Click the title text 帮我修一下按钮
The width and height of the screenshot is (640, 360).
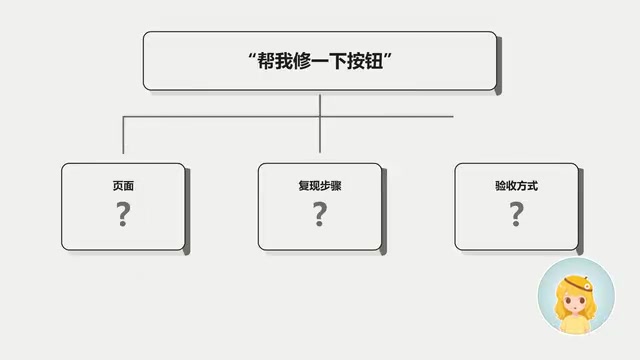(320, 61)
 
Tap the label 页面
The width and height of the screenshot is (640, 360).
(123, 186)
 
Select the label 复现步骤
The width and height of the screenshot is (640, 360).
(320, 186)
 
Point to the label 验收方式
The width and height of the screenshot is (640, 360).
(516, 186)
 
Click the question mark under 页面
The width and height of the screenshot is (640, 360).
(123, 214)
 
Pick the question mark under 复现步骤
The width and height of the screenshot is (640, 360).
(320, 214)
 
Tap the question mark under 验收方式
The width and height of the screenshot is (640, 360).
(516, 214)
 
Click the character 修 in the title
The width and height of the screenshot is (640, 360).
(302, 61)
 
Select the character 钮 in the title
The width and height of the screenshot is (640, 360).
(374, 61)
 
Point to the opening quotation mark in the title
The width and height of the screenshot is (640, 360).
(252, 56)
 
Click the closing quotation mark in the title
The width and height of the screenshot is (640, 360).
(388, 56)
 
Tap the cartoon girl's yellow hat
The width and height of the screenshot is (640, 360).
(578, 282)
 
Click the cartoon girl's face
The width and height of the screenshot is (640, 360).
(574, 303)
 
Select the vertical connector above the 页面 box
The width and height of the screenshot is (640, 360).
(123, 135)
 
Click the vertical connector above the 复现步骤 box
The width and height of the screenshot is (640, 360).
(320, 124)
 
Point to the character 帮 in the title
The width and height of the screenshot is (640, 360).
(266, 61)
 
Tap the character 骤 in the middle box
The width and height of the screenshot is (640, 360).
(336, 186)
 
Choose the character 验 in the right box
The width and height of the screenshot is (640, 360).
(500, 186)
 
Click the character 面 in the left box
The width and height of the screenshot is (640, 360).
(129, 186)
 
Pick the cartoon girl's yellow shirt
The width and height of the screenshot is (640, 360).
(576, 324)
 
